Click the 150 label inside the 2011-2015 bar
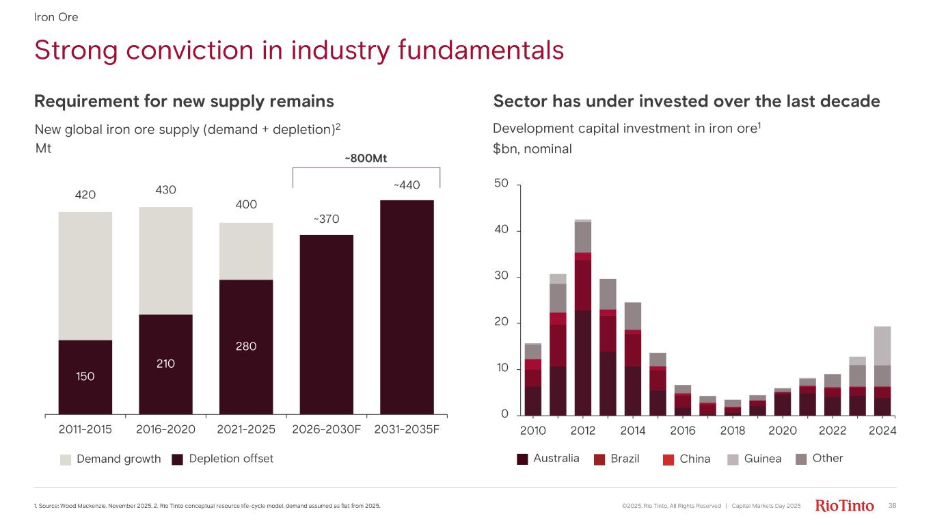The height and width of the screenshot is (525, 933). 85,376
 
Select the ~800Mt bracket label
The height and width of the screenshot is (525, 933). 366,159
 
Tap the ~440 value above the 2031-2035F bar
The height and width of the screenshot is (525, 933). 407,185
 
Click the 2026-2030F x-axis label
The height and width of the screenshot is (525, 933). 326,430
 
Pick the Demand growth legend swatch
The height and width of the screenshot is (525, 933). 66,459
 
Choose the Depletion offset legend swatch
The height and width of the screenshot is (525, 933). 178,459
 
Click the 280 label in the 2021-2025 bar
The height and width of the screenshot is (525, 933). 246,347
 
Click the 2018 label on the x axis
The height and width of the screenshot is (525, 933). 733,431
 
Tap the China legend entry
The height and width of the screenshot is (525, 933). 695,459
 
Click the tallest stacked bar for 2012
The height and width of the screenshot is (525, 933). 583,318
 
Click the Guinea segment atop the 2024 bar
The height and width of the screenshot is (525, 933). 882,346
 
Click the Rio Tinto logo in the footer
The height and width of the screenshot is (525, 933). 845,506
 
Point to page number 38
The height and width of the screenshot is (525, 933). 892,506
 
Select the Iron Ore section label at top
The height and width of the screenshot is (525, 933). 56,17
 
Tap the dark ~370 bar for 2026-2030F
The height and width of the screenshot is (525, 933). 326,325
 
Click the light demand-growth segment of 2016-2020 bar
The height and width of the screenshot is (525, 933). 165,260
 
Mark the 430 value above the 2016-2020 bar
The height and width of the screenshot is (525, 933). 165,190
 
